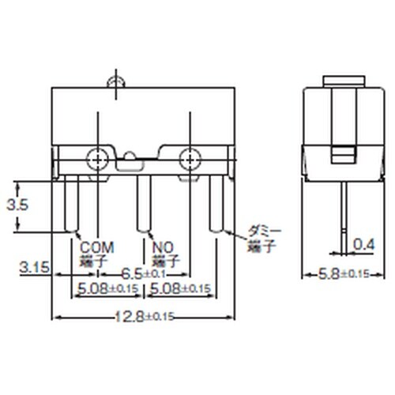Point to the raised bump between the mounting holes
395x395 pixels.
(129, 160)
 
